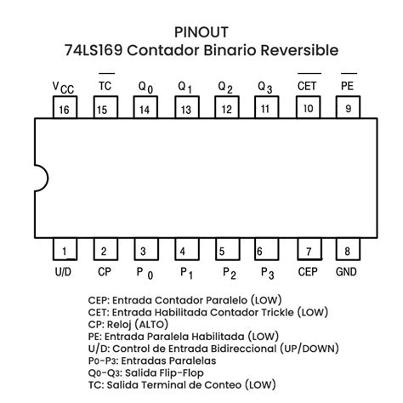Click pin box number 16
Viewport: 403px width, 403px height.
63,109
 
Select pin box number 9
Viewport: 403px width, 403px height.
347,109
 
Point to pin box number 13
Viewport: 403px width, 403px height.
184,109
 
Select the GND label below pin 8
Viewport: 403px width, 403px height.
346,272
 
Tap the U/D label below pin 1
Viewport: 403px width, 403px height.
62,272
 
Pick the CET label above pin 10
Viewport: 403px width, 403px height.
307,86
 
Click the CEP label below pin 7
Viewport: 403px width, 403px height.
307,272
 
